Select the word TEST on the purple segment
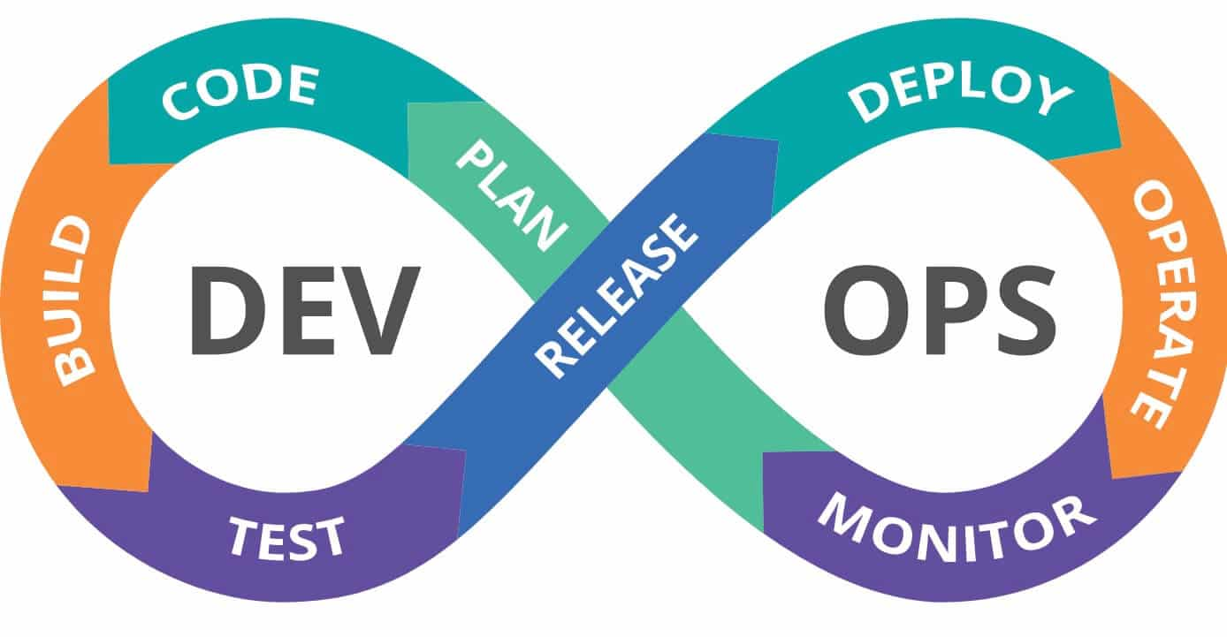click(x=286, y=536)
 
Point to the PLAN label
click(x=511, y=195)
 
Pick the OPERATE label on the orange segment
click(x=1154, y=305)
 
